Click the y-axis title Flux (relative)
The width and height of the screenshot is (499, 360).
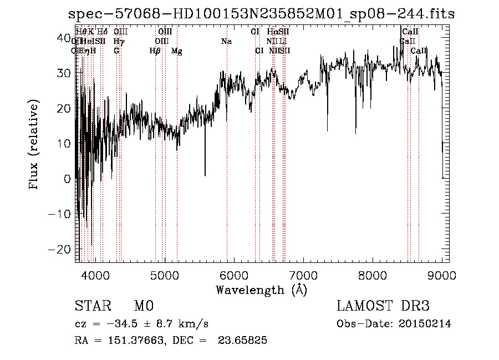point(34,145)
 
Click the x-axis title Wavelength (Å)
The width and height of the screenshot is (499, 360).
point(261,290)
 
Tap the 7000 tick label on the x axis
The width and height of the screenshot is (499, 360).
point(303,275)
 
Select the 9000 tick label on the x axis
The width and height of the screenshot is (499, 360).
point(442,275)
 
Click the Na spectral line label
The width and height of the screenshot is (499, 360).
point(226,42)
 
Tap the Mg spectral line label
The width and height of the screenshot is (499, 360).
point(176,51)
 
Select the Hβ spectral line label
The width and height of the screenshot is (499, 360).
point(155,51)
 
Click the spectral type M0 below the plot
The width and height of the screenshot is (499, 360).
point(143,306)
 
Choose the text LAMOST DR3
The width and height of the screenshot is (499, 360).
point(383,306)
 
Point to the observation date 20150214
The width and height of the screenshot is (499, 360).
point(424,324)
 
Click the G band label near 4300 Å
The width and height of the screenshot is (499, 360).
point(116,51)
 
